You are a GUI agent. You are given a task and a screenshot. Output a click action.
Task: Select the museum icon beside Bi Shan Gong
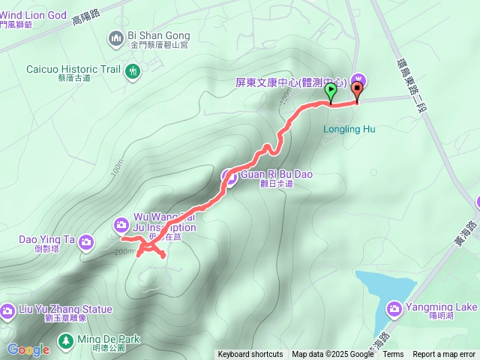pyautogui.click(x=115, y=37)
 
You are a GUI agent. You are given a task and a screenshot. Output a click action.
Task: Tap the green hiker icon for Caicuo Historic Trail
pyautogui.click(x=133, y=71)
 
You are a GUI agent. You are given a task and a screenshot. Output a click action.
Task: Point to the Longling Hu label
pyautogui.click(x=349, y=129)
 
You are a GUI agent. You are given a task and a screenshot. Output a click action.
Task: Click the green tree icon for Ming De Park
pyautogui.click(x=66, y=340)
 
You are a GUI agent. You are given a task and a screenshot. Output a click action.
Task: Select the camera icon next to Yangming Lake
pyautogui.click(x=394, y=308)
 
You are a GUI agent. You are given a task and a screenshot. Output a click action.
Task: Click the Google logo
pyautogui.click(x=28, y=349)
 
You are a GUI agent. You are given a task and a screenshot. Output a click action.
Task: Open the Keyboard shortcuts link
pyautogui.click(x=250, y=355)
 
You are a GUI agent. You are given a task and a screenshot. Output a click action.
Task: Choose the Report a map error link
pyautogui.click(x=445, y=355)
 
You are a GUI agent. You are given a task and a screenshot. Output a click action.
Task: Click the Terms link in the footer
pyautogui.click(x=394, y=355)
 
